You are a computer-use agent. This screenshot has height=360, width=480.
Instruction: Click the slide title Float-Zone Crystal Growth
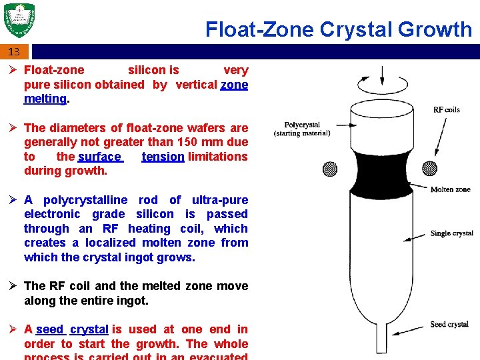click(x=338, y=29)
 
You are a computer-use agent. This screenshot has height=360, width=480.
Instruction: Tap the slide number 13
click(x=14, y=51)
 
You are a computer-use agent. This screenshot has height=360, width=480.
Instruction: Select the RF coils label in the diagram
click(x=447, y=109)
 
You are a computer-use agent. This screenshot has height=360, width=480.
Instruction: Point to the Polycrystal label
click(x=302, y=125)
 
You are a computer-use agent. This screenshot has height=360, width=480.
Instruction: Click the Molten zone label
click(x=450, y=189)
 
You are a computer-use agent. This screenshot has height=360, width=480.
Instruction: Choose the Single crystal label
click(x=451, y=233)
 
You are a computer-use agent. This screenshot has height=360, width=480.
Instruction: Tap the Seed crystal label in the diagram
click(x=449, y=325)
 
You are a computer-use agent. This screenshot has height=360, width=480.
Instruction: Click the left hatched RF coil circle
click(x=330, y=169)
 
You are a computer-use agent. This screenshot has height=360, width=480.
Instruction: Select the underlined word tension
click(x=163, y=157)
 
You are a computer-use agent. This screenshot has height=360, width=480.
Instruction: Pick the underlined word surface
click(x=99, y=157)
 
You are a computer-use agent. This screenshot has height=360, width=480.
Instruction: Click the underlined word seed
click(x=50, y=329)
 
